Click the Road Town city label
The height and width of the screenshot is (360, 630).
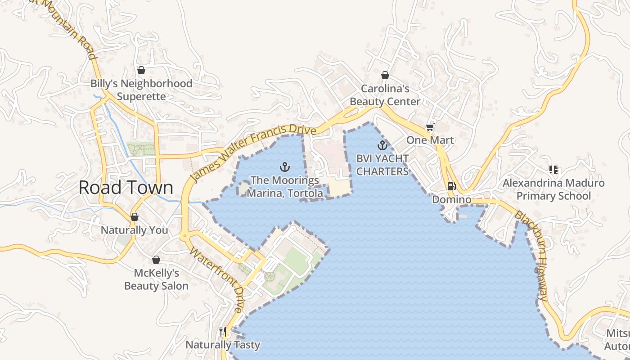126,188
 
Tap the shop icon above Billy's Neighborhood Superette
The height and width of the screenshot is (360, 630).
141,70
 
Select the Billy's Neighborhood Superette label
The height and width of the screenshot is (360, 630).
141,90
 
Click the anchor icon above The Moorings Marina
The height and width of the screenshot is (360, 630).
284,167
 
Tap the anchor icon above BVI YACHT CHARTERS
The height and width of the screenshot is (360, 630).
382,145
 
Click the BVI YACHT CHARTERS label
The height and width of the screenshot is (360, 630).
382,165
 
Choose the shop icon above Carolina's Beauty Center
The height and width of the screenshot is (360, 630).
385,75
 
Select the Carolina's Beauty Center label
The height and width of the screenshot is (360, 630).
385,95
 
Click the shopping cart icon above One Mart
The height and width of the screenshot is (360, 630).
430,127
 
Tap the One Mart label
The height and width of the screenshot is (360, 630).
430,140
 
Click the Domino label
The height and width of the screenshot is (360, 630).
451,199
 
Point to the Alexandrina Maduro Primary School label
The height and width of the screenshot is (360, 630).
553,189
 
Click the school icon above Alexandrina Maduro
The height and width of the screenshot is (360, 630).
553,170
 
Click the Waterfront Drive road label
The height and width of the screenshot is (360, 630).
216,279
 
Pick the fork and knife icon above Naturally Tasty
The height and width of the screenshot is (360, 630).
223,332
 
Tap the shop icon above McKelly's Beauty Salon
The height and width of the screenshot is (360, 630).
156,260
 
